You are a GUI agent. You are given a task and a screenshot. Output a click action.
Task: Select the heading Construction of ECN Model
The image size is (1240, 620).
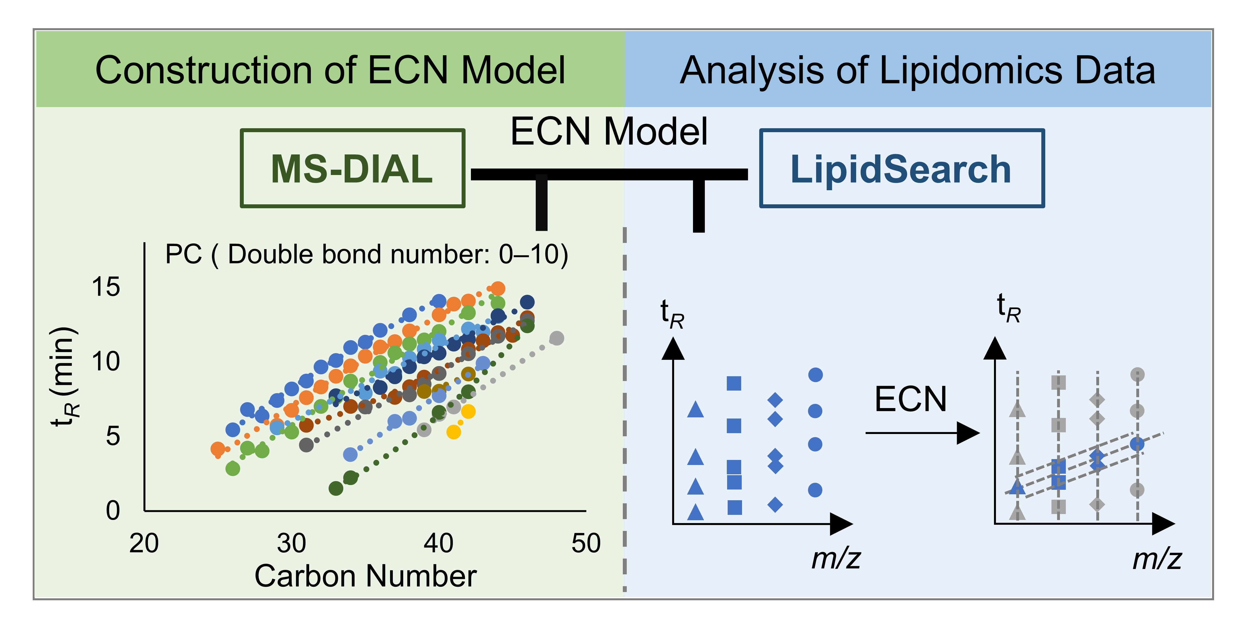tap(330, 70)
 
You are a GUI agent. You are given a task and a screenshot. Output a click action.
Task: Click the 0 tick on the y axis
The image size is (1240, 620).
tap(113, 510)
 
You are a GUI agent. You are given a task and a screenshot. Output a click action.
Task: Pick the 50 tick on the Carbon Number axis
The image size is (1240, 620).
tap(586, 543)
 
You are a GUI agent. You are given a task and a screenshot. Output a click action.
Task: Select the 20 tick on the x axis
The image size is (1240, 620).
tap(144, 543)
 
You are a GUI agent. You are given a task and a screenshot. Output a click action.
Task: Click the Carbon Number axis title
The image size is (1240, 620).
tap(365, 576)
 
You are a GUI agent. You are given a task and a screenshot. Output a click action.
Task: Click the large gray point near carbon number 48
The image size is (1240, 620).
tap(557, 338)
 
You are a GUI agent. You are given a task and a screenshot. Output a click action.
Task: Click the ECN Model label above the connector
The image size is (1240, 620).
tap(609, 131)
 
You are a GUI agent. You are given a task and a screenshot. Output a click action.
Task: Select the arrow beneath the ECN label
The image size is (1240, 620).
tap(922, 433)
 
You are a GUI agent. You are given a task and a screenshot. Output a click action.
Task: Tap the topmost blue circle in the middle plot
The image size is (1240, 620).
tap(815, 375)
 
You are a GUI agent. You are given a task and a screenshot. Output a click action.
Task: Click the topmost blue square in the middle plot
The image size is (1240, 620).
tap(734, 383)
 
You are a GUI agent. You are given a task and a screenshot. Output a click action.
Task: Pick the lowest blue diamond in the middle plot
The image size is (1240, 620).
tap(775, 504)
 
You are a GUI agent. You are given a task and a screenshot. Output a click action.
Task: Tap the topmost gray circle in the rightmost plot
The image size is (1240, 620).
tap(1137, 375)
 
